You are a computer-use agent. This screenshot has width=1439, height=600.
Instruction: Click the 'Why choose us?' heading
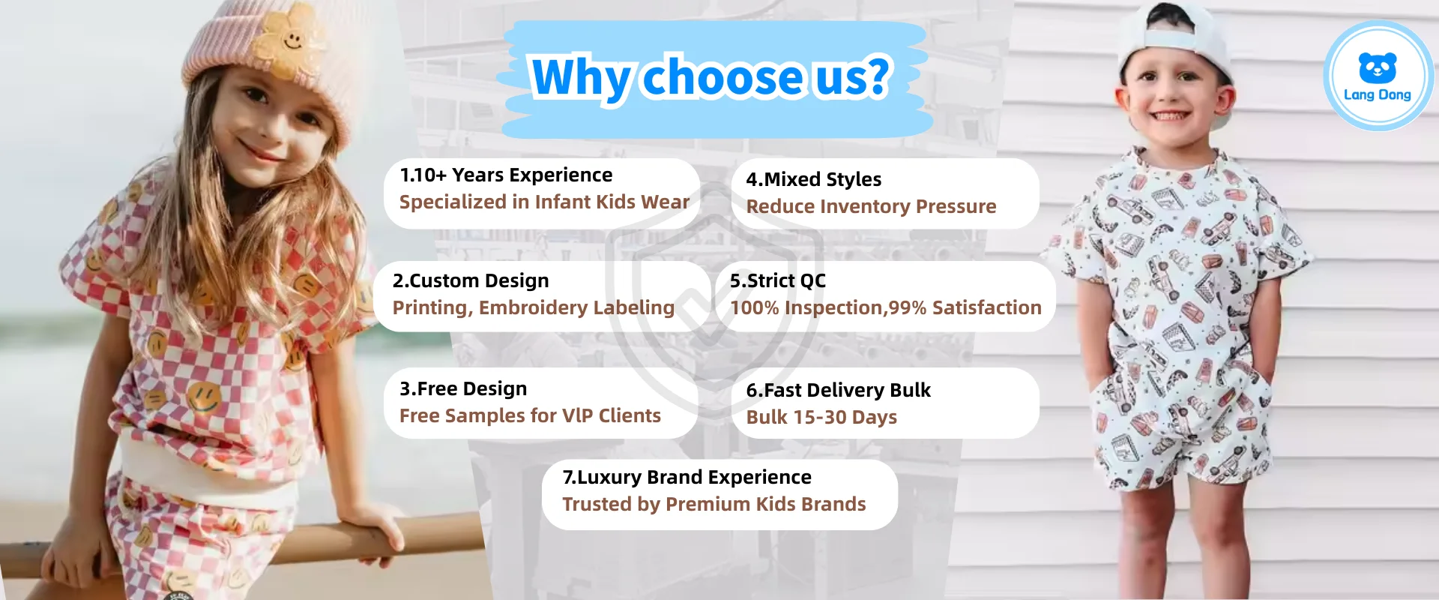tap(711, 77)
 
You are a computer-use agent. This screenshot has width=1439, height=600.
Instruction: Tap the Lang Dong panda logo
tap(1378, 76)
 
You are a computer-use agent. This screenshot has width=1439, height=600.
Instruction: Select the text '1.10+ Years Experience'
tap(506, 175)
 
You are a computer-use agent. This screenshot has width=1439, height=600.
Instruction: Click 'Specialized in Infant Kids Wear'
tap(544, 202)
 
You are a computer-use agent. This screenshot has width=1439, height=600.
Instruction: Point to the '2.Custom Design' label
tap(471, 280)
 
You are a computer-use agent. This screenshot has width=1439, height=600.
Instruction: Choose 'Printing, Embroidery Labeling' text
tap(534, 307)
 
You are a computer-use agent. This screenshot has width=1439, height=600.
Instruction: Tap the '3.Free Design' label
tap(463, 388)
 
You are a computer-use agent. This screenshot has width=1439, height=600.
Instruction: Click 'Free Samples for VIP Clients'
tap(530, 415)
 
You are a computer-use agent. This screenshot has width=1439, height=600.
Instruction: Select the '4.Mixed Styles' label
tap(814, 180)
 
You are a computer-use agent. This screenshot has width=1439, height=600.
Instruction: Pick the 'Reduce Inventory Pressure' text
tap(871, 206)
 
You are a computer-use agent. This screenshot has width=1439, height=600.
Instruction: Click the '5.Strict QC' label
tap(778, 280)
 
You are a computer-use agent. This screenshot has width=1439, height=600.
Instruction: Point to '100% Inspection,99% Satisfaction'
tap(886, 307)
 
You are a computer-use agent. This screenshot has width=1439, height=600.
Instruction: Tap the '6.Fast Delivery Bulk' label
tap(838, 390)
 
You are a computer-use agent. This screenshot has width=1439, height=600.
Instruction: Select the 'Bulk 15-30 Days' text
tap(821, 417)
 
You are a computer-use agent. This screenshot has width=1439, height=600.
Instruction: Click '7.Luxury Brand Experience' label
tap(687, 477)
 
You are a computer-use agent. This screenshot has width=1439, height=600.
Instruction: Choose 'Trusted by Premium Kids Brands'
tap(714, 504)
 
